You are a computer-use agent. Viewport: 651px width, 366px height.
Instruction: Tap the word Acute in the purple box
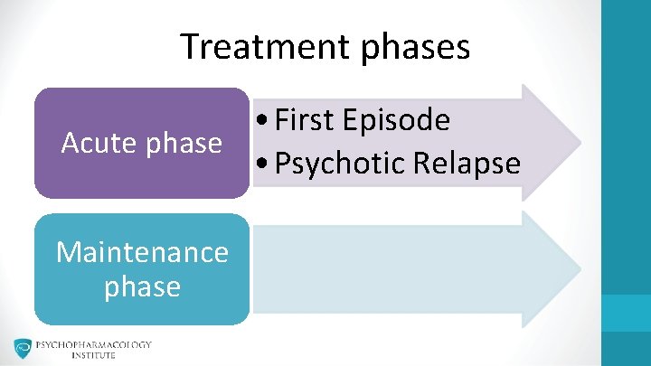[x=93, y=143]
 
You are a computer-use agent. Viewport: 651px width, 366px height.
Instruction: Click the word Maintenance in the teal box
[x=142, y=251]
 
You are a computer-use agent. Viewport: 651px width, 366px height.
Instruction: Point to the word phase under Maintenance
[x=142, y=286]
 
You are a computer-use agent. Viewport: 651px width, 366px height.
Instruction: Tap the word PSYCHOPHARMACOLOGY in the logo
[x=94, y=344]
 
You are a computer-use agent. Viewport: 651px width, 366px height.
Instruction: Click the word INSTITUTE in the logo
[x=94, y=356]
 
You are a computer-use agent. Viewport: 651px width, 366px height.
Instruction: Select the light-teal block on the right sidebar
[x=626, y=312]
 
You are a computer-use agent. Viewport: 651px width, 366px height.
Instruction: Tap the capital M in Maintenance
[x=67, y=251]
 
